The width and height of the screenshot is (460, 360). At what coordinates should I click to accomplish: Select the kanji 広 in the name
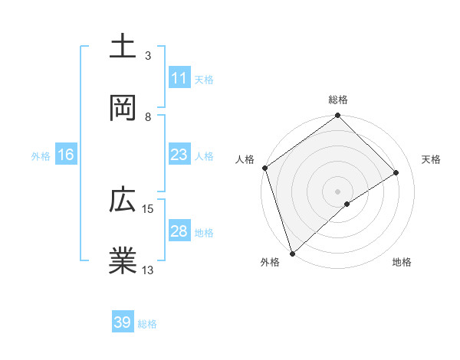pyautogui.click(x=123, y=201)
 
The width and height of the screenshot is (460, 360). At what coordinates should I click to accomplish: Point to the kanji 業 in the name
pyautogui.click(x=123, y=261)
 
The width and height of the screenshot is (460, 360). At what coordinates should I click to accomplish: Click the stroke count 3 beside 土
pyautogui.click(x=148, y=56)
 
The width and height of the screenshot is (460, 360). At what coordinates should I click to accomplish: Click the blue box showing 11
pyautogui.click(x=179, y=78)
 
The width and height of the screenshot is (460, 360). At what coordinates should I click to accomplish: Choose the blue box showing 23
pyautogui.click(x=179, y=155)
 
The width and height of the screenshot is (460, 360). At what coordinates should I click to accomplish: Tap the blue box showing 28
pyautogui.click(x=179, y=231)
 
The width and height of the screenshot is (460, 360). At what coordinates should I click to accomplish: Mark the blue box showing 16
pyautogui.click(x=66, y=155)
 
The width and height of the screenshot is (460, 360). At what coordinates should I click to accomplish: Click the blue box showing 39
pyautogui.click(x=123, y=322)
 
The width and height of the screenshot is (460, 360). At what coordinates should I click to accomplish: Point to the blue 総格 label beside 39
pyautogui.click(x=147, y=324)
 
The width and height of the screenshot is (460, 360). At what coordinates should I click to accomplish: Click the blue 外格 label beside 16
pyautogui.click(x=41, y=156)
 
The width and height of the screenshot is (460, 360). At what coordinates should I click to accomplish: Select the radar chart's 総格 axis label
pyautogui.click(x=338, y=100)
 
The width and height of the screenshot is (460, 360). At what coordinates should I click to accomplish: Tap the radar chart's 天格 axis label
pyautogui.click(x=432, y=159)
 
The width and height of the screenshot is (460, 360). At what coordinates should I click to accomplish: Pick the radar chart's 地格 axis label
pyautogui.click(x=402, y=263)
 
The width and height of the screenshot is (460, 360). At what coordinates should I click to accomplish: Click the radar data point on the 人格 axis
pyautogui.click(x=264, y=168)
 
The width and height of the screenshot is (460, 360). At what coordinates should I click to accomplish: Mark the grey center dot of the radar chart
pyautogui.click(x=338, y=191)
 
